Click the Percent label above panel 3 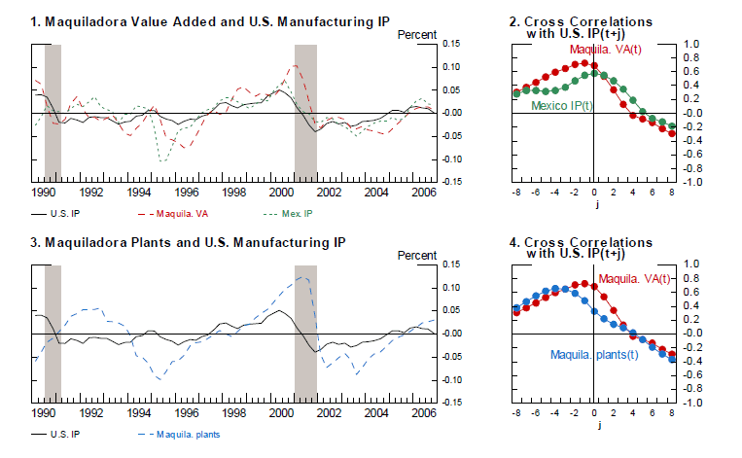coord(417,256)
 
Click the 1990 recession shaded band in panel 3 coord(53,333)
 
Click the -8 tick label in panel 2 coord(514,193)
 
